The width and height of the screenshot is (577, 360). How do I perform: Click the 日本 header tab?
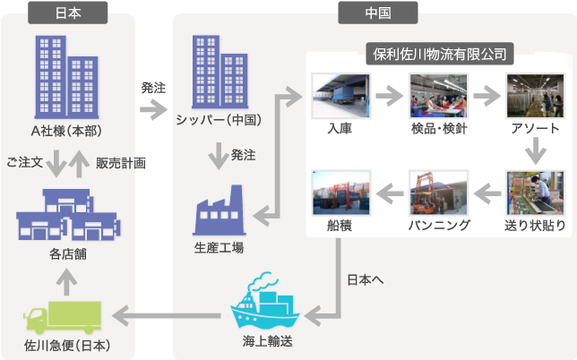68,13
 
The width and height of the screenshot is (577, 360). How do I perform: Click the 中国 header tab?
377,13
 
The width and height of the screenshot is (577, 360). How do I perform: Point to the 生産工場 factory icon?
219,211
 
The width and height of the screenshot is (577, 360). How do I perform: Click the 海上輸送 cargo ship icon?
266,307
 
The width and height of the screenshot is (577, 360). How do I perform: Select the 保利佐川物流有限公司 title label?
439,54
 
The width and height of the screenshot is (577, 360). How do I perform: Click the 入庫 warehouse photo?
340,96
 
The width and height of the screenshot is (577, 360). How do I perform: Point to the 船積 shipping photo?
340,192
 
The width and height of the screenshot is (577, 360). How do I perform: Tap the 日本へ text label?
366,279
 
